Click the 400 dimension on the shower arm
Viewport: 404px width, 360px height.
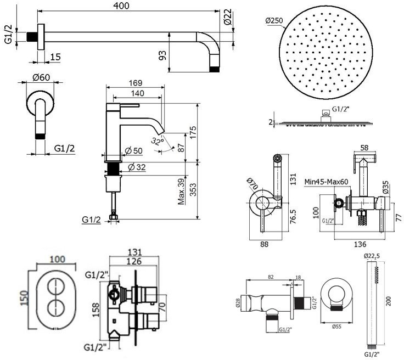click(126, 5)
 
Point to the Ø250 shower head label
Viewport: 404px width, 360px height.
click(274, 21)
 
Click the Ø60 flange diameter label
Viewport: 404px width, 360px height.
click(38, 77)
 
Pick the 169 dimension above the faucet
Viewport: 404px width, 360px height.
click(134, 84)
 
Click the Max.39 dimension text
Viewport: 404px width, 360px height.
click(181, 192)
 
